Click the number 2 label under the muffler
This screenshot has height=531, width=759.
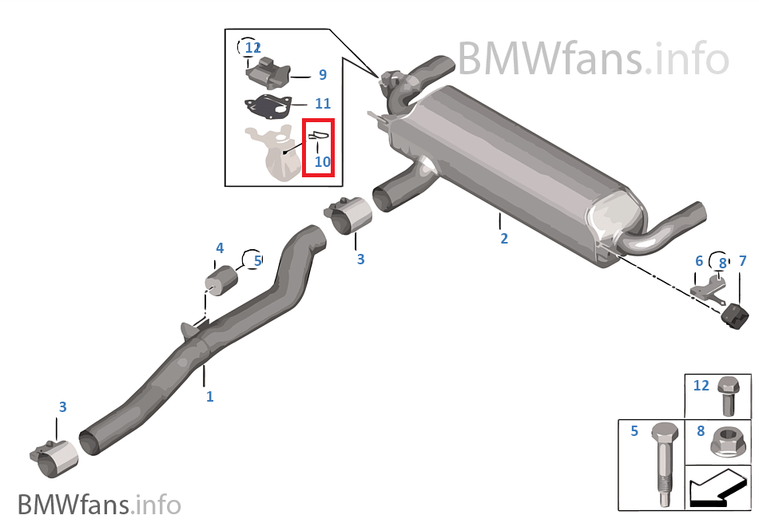pos(504,239)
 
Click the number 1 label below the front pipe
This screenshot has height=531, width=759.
pos(209,396)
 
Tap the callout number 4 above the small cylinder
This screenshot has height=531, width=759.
pos(220,248)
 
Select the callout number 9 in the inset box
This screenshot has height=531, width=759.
pos(322,75)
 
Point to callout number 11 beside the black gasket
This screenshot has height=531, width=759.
pos(322,104)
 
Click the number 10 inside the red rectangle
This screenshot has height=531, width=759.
pos(322,161)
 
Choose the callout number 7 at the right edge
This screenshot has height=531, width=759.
pos(742,261)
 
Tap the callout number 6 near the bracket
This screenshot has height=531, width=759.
pos(699,261)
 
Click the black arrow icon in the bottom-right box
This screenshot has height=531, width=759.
pos(717,488)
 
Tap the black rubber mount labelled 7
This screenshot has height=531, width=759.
pos(733,313)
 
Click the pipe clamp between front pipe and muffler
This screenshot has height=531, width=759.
pos(349,216)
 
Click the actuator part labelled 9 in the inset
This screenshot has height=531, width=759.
pos(268,72)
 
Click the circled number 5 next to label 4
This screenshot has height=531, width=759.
pos(256,260)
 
